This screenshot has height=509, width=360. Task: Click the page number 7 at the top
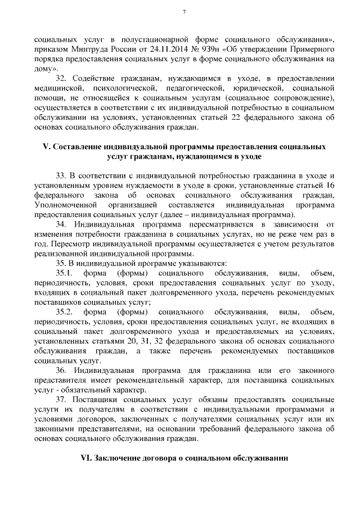click(x=184, y=13)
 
